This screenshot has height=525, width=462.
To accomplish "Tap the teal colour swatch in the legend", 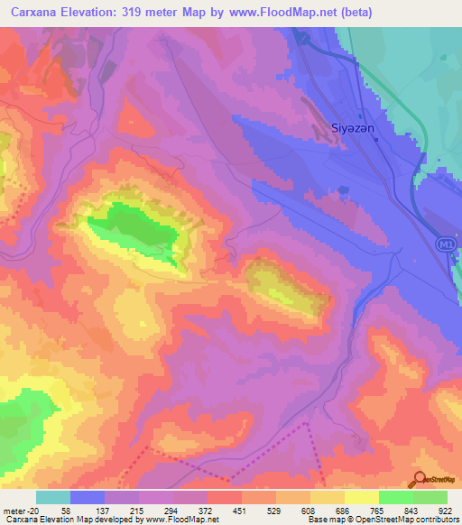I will coord(53,497).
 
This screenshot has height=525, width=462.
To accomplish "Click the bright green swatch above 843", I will coord(396,497).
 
